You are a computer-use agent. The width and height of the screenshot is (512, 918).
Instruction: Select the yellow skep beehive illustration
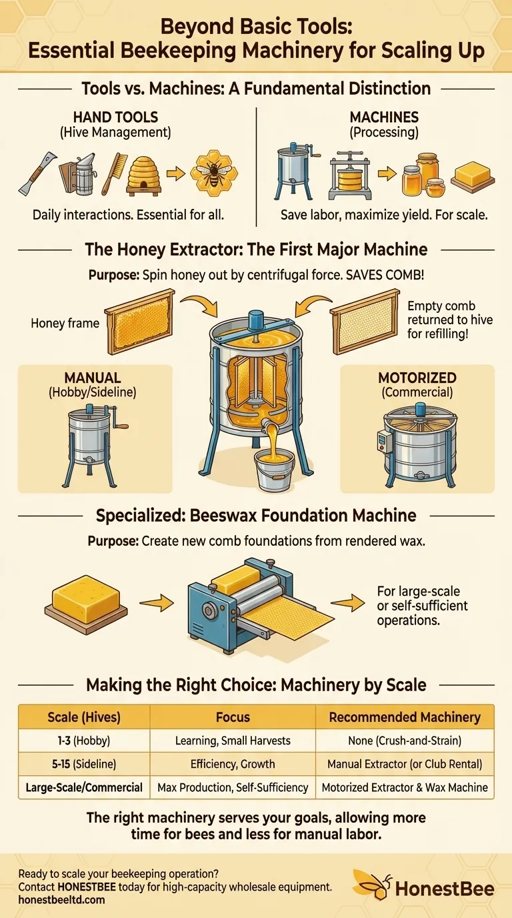tap(145, 172)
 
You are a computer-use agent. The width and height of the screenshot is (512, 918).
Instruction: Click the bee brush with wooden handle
tap(113, 173)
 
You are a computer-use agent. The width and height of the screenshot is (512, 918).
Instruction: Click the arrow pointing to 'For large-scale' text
tap(347, 604)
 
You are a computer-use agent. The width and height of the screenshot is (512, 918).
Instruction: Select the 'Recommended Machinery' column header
tap(405, 717)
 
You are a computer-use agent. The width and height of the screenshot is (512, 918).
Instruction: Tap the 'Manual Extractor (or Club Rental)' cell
tap(405, 763)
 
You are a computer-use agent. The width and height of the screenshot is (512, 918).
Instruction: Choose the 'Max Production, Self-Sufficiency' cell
tap(233, 787)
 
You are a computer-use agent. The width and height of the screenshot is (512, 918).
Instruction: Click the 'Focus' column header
tap(233, 717)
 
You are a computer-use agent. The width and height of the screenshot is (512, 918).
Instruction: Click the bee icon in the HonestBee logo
tap(370, 885)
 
